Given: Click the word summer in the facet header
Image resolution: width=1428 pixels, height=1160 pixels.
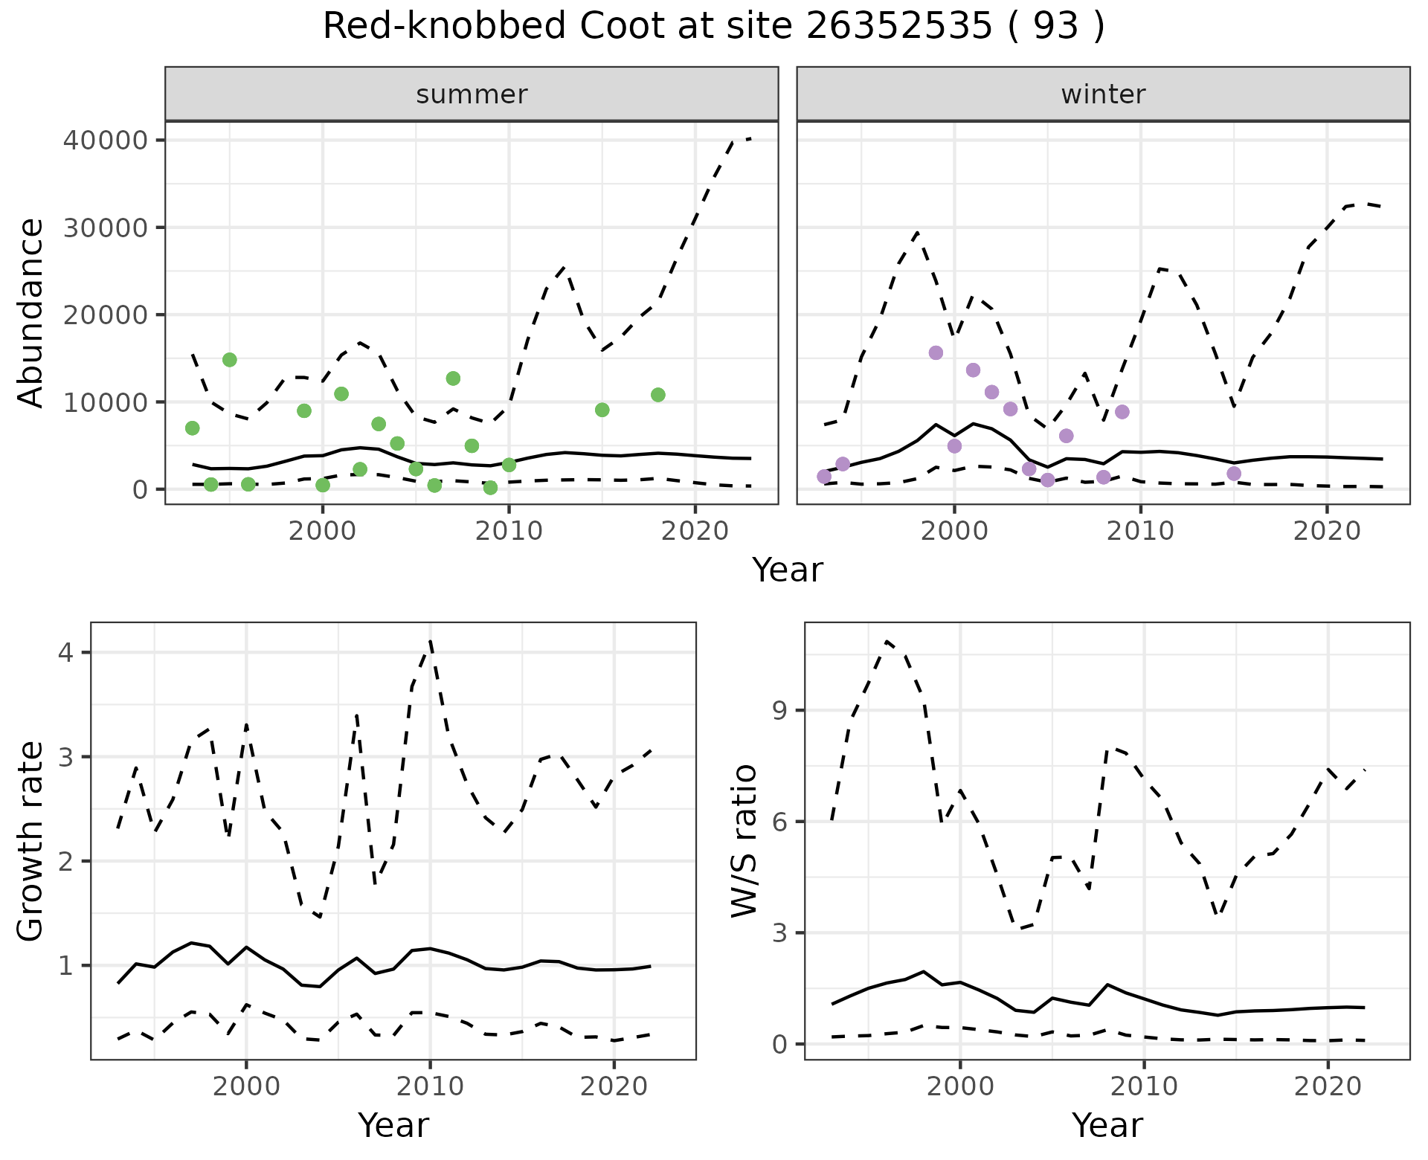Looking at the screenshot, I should coord(472,94).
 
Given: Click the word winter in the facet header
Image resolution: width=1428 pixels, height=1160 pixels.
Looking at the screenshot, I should coord(1103,94).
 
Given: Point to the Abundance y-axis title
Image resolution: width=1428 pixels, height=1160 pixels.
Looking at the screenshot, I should coord(30,312).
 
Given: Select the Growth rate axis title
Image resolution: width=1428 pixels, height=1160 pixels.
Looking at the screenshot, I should coord(30,840).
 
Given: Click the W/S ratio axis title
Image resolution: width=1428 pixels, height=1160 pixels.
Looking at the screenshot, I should coord(744,840).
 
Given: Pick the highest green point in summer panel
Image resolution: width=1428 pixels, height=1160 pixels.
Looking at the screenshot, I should coord(229,360).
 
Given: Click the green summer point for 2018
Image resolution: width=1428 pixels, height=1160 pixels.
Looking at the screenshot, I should coord(657,395).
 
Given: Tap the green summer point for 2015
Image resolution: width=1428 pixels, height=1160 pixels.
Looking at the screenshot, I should coord(602,410).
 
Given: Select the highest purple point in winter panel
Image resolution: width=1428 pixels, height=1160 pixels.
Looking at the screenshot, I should coord(936,352).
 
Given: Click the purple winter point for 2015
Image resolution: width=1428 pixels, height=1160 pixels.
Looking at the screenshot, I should coord(1234,474).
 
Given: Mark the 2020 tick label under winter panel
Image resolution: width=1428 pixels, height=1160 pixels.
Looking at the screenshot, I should coord(1327,531).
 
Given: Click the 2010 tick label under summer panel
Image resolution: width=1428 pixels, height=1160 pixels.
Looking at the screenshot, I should coord(509,531).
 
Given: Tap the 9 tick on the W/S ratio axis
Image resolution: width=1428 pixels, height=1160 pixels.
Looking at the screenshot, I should coord(779,710).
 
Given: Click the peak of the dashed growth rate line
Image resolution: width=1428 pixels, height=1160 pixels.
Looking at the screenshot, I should coord(431,641).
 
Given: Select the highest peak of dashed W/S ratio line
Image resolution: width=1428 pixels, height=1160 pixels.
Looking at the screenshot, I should coord(887,640).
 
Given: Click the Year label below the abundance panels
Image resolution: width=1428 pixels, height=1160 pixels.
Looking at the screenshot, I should coord(788,570).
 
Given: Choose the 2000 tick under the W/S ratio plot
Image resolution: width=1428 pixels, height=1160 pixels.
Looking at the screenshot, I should coord(960,1086).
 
